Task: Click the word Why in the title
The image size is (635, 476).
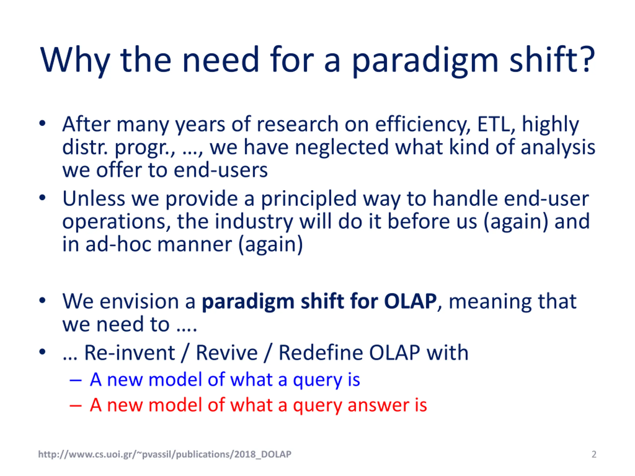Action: tap(75, 60)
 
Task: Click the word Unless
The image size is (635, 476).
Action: tap(94, 198)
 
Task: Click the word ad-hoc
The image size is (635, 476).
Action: tap(118, 244)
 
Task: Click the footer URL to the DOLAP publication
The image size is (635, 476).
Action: tap(165, 454)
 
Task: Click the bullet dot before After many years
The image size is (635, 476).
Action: tap(42, 124)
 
